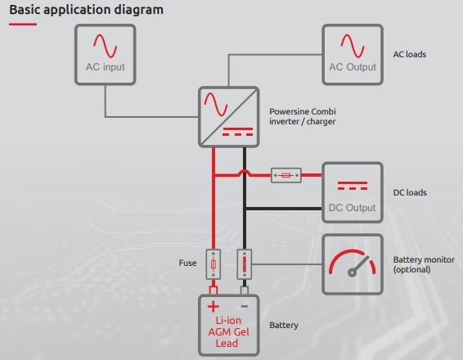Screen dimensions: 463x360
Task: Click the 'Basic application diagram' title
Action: click(86, 10)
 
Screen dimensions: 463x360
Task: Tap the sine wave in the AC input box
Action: click(106, 46)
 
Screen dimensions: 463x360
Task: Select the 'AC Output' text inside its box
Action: click(353, 67)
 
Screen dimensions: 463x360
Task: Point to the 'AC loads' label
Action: click(410, 54)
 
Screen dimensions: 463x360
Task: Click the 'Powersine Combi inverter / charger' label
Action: click(303, 116)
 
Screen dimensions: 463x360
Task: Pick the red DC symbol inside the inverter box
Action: click(238, 132)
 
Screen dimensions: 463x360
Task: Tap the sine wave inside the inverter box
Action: click(216, 104)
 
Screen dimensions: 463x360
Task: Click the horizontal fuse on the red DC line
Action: click(286, 175)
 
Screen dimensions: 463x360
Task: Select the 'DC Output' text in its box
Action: click(352, 208)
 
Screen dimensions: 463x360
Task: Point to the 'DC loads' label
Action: click(410, 192)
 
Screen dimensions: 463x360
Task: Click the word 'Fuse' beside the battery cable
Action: click(187, 263)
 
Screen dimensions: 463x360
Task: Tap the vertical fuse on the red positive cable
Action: click(214, 264)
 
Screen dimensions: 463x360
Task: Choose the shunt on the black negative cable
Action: click(245, 264)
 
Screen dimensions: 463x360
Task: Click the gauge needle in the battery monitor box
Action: click(359, 265)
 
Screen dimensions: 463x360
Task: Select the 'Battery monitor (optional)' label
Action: click(424, 264)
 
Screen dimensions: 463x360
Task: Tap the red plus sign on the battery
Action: click(214, 307)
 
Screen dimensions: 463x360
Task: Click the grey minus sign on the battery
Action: click(245, 306)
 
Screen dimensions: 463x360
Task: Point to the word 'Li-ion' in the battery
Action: click(228, 321)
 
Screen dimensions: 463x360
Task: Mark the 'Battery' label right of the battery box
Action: click(284, 325)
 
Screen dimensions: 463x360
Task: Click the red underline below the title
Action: click(23, 24)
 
